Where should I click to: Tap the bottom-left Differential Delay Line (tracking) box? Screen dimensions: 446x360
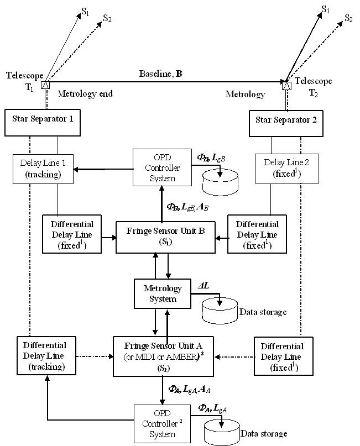pos(43,355)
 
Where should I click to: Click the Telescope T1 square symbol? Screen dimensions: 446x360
pos(45,86)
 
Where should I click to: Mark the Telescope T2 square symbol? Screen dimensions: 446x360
pos(286,86)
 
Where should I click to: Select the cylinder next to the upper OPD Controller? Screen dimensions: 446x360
pos(221,183)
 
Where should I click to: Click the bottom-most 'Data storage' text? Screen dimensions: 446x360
pos(263,434)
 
